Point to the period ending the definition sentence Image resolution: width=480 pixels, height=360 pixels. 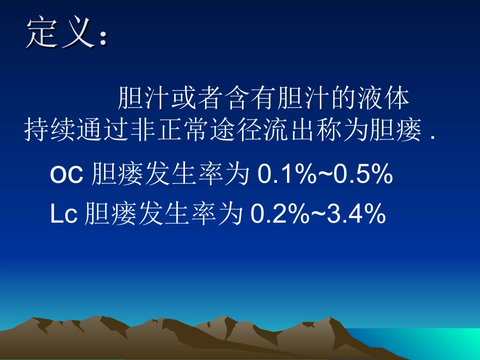click(x=434, y=137)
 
